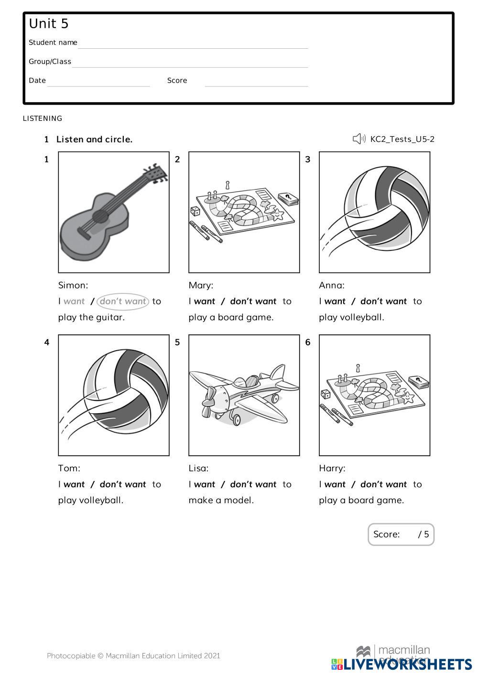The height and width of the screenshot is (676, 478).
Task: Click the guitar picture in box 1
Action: pyautogui.click(x=113, y=213)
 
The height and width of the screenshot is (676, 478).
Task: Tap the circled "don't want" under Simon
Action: pyautogui.click(x=123, y=301)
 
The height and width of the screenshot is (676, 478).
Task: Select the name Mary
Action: pyautogui.click(x=201, y=285)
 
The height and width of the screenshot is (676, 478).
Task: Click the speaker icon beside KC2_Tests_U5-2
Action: pyautogui.click(x=358, y=139)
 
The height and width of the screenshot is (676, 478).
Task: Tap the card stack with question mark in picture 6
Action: pyautogui.click(x=418, y=382)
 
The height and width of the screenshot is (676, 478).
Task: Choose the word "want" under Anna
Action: pyautogui.click(x=335, y=301)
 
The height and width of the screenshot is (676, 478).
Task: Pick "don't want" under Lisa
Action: pyautogui.click(x=253, y=484)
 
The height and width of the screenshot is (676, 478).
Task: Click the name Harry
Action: pyautogui.click(x=332, y=468)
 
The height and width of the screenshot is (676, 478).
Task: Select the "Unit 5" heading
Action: pyautogui.click(x=49, y=24)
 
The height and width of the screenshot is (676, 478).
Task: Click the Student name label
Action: pyautogui.click(x=53, y=43)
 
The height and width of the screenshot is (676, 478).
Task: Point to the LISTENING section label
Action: pyautogui.click(x=43, y=118)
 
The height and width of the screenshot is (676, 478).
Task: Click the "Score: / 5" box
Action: pyautogui.click(x=401, y=534)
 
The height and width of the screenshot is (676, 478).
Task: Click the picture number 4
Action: pyautogui.click(x=47, y=342)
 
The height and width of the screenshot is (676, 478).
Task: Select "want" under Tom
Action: pyautogui.click(x=74, y=484)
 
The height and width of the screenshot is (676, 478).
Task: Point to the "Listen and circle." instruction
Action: pyautogui.click(x=94, y=139)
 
